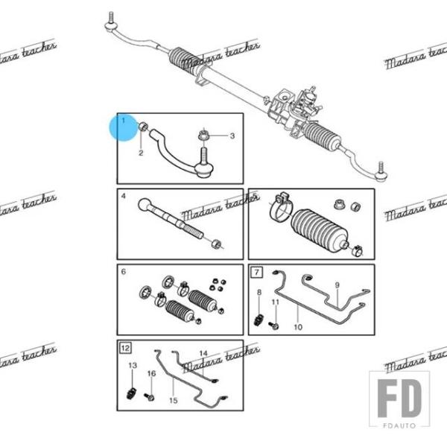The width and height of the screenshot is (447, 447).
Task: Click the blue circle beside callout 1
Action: [121, 127]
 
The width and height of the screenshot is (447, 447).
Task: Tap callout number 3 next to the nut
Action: [232, 136]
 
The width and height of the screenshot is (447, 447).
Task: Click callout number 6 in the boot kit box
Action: [124, 272]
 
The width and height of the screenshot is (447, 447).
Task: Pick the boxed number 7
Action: [256, 271]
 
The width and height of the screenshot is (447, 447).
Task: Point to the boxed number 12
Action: [125, 348]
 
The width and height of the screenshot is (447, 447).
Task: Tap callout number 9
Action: [336, 285]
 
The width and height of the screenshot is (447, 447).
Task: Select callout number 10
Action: [298, 326]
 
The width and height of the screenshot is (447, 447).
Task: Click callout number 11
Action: [275, 302]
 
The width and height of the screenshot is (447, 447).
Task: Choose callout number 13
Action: [133, 366]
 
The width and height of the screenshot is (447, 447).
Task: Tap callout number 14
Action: [203, 352]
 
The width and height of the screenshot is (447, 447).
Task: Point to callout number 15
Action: [174, 400]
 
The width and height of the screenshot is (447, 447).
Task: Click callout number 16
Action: [151, 372]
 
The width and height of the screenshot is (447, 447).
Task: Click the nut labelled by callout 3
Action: [203, 136]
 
